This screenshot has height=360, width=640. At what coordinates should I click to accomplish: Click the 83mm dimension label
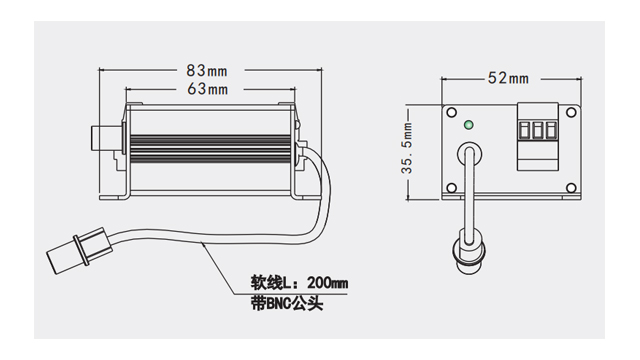pos(207,71)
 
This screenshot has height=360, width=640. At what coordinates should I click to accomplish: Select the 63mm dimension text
pos(207,89)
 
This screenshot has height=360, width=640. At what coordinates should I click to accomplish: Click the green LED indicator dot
pos(470,126)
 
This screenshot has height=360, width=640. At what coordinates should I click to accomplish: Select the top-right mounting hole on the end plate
pos(570,112)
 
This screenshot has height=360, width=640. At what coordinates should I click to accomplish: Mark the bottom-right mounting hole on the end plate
pos(570,190)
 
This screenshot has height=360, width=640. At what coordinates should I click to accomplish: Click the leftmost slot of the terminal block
pos(526,130)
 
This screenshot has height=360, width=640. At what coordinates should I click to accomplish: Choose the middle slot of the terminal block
pos(539,130)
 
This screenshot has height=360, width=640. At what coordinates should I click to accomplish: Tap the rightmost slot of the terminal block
pos(552,130)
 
